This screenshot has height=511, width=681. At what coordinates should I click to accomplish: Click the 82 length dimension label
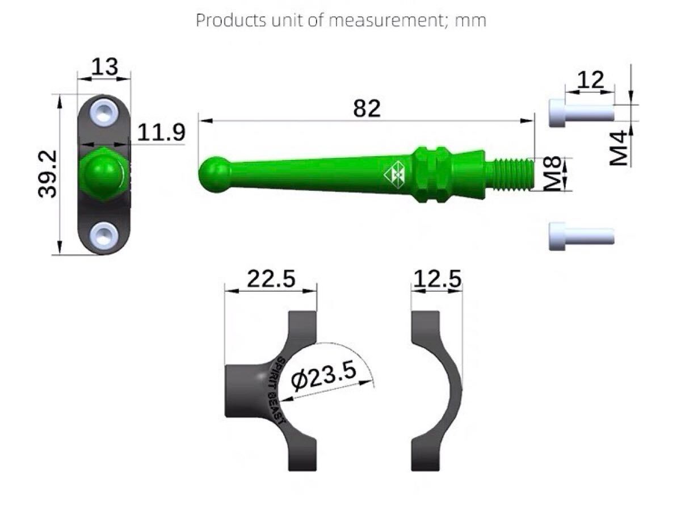[x=367, y=108]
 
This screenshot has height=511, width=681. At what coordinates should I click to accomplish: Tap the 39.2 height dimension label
[x=48, y=174]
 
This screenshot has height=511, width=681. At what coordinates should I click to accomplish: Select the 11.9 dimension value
[x=161, y=132]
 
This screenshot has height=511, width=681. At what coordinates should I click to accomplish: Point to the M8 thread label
[x=553, y=173]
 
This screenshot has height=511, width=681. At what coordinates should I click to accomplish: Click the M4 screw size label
[x=618, y=148]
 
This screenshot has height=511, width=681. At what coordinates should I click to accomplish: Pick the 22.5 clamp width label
[x=271, y=279]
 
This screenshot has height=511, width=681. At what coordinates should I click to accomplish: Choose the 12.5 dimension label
[x=437, y=279]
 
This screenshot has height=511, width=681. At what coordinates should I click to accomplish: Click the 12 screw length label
[x=590, y=80]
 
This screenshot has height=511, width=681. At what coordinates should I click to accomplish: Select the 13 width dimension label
[x=105, y=66]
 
